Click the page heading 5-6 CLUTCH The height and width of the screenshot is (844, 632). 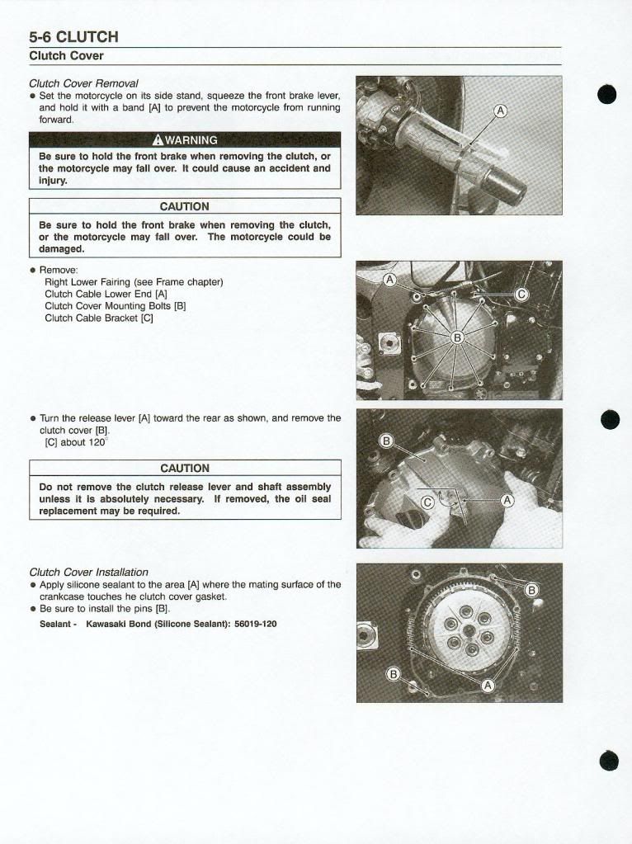click(73, 36)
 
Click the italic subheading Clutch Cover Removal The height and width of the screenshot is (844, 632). click(83, 83)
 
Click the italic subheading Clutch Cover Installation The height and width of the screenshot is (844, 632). click(88, 572)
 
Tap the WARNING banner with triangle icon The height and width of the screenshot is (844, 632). click(185, 139)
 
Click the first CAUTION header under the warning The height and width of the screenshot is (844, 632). click(185, 206)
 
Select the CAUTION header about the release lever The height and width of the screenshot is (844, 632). click(185, 468)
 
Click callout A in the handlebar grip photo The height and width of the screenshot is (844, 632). click(500, 111)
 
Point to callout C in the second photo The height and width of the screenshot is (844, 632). click(521, 295)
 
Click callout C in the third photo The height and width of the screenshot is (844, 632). click(427, 502)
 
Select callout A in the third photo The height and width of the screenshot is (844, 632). click(507, 500)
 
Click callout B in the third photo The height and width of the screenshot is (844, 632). click(384, 441)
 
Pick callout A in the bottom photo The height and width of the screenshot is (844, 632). click(488, 685)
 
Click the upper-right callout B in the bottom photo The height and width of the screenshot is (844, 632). click(532, 590)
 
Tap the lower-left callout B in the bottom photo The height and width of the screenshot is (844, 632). click(394, 674)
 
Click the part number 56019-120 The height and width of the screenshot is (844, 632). click(255, 624)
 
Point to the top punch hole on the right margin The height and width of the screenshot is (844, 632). click(608, 94)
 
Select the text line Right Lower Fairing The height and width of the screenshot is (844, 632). click(134, 282)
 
